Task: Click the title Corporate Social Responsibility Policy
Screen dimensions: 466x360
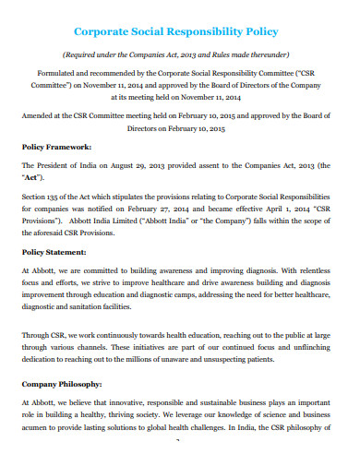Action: [179, 30]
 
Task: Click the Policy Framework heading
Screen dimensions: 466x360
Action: [57, 147]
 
